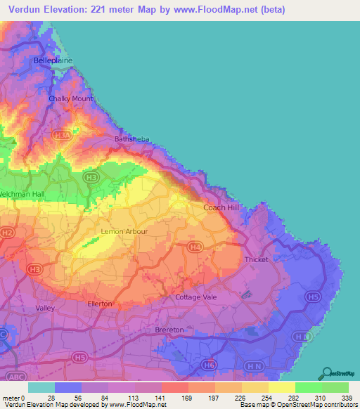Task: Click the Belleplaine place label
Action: point(53,61)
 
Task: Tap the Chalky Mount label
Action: point(70,98)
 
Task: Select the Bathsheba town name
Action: point(131,139)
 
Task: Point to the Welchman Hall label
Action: point(22,194)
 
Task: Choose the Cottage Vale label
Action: point(195,297)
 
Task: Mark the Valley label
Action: point(44,308)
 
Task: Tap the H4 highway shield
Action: point(195,246)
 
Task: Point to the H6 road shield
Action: point(209,365)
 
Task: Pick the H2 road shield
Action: point(7,232)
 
